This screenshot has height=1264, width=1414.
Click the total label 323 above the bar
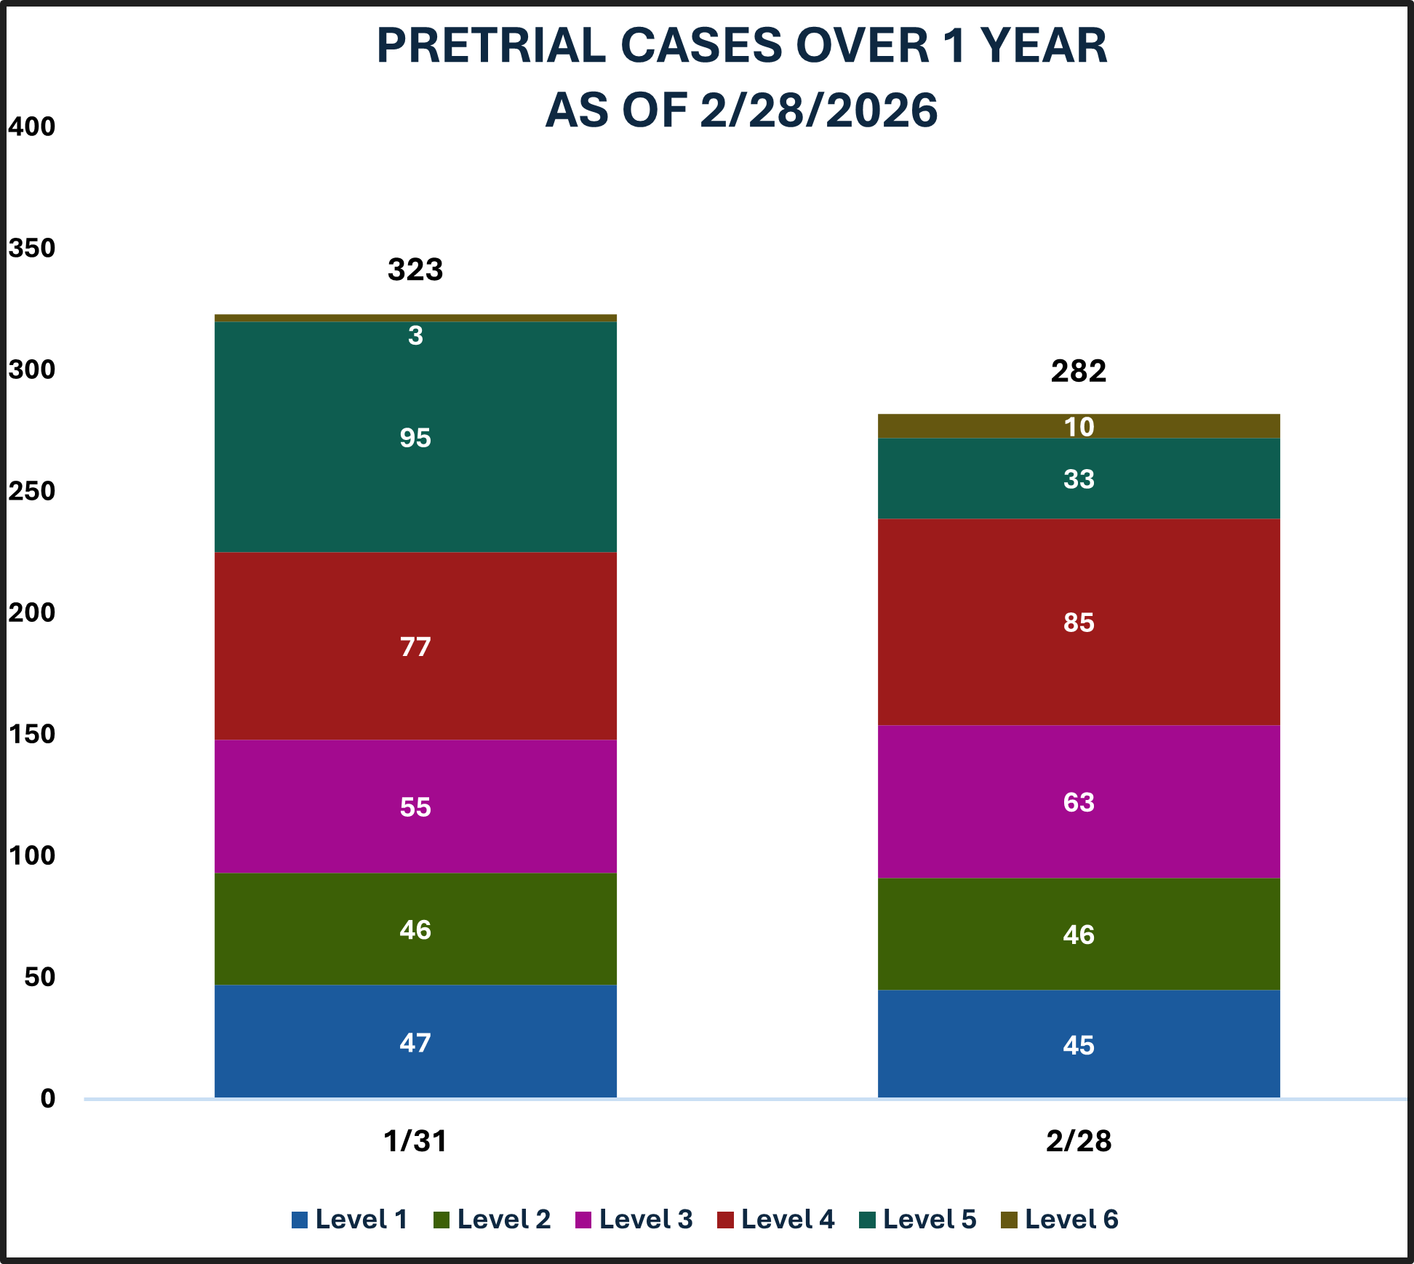[415, 270]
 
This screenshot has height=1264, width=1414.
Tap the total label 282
[1079, 372]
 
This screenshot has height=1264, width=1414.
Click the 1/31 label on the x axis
[415, 1141]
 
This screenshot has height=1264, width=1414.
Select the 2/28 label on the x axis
[1079, 1141]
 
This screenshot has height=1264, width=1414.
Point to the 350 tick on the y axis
[31, 249]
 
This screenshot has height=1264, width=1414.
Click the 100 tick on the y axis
[31, 856]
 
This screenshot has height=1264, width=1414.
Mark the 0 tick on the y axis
[48, 1098]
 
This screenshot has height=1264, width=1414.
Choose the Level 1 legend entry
[350, 1220]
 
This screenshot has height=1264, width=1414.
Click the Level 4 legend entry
[776, 1220]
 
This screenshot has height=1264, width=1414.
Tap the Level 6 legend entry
[1060, 1220]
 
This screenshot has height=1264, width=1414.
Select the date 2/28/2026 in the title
[818, 111]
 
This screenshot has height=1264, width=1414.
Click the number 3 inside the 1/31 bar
[415, 336]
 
